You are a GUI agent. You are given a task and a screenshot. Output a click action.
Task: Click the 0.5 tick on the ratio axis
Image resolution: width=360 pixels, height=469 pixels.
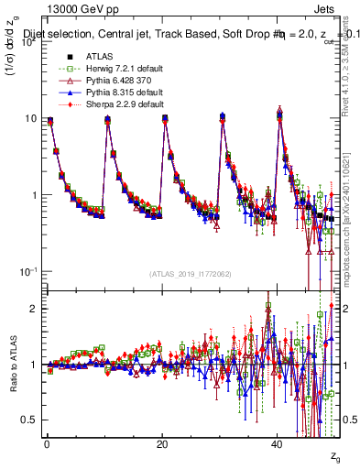click(x=30, y=420)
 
